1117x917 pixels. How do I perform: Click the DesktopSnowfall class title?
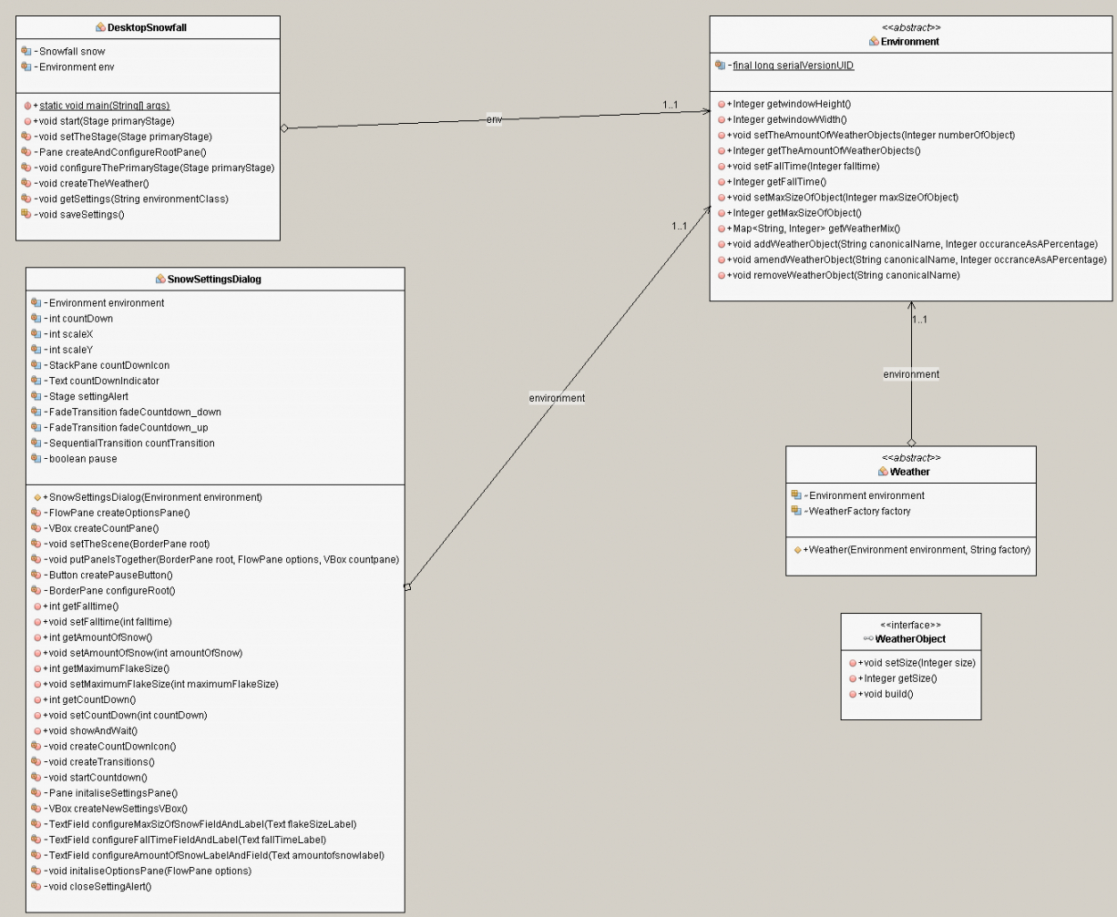point(148,27)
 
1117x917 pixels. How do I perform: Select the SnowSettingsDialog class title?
point(215,280)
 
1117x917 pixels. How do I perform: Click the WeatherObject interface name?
point(910,639)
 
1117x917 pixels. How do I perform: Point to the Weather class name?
point(910,471)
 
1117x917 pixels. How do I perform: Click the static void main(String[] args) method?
point(104,106)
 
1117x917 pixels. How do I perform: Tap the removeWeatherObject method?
point(843,275)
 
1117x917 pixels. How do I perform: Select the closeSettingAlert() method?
point(97,886)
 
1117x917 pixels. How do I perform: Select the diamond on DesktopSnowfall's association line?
point(285,128)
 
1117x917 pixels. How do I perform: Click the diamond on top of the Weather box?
point(911,442)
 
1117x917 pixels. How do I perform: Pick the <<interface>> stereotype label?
point(910,626)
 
